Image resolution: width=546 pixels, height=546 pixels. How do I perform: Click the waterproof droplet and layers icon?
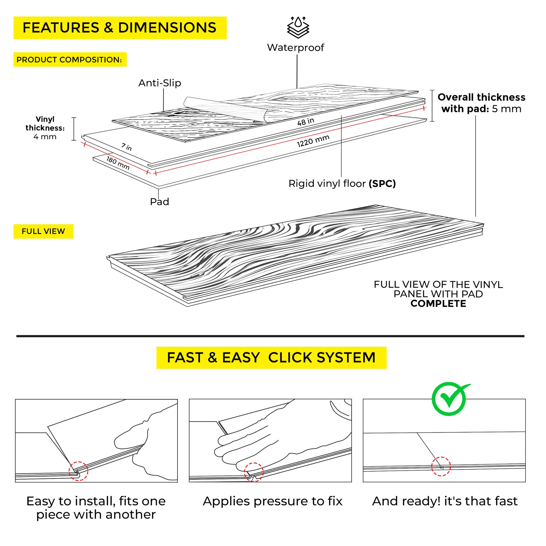click(298, 27)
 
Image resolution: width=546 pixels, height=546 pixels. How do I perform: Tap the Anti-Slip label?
click(160, 83)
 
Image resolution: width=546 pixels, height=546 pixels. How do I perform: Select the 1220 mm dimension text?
click(313, 141)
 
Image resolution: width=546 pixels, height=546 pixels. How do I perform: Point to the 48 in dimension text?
click(306, 122)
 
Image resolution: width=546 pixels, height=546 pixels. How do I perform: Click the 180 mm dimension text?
click(118, 163)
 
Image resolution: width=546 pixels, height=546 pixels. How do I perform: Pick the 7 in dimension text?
click(127, 147)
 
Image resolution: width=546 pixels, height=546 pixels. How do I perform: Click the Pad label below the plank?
click(159, 202)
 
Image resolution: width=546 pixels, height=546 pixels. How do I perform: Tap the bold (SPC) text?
click(382, 184)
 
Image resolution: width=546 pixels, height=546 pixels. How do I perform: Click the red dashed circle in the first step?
click(78, 471)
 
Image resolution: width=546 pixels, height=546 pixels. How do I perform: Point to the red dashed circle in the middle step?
click(254, 472)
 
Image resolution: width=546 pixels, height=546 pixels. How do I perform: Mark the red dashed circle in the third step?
click(441, 466)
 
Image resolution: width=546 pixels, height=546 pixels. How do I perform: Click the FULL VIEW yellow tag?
click(43, 231)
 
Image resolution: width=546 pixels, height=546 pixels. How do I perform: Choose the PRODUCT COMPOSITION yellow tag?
click(70, 60)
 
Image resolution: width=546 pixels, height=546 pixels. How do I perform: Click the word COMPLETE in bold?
click(438, 304)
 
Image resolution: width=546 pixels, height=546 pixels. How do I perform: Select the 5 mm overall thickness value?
click(506, 109)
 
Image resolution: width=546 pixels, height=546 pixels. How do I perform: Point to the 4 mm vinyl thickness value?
click(45, 137)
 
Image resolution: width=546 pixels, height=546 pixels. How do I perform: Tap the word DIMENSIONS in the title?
click(167, 28)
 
